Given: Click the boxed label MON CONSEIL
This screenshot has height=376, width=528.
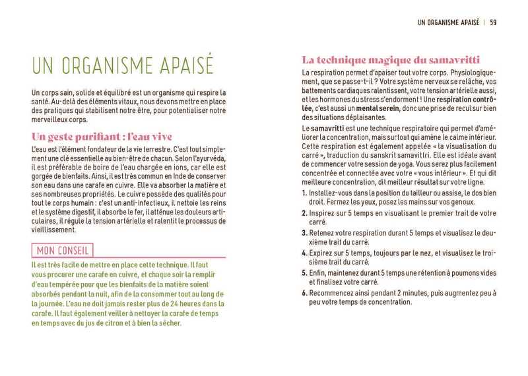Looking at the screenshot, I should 63,251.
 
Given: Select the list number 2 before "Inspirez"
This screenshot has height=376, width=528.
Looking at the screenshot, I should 303,213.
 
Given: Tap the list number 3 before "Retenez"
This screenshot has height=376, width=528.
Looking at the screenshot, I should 303,233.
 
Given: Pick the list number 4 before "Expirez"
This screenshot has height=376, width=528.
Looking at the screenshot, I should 303,253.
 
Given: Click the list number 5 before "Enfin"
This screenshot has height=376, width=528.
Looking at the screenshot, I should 303,272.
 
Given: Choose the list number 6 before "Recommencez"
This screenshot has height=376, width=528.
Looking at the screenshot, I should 303,292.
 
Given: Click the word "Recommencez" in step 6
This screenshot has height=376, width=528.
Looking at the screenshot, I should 331,292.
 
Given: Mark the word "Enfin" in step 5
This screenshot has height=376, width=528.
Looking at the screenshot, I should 318,272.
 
